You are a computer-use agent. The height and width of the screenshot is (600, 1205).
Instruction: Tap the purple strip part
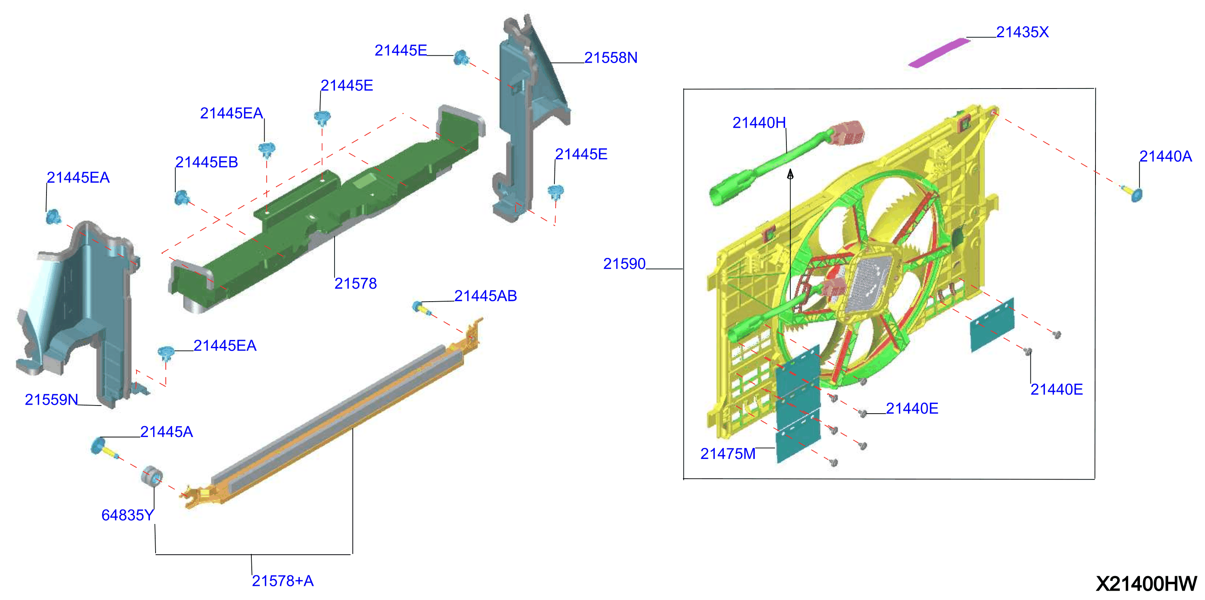pyautogui.click(x=939, y=53)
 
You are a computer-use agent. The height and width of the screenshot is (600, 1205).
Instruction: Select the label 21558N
pyautogui.click(x=611, y=57)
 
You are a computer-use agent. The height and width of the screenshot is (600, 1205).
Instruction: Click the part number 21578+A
pyautogui.click(x=282, y=581)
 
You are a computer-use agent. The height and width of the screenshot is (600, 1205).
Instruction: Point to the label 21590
pyautogui.click(x=624, y=264)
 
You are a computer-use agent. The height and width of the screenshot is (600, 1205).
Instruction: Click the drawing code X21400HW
pyautogui.click(x=1146, y=583)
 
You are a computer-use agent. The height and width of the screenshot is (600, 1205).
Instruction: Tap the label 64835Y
pyautogui.click(x=127, y=515)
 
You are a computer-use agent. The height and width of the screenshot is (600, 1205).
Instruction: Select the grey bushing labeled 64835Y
pyautogui.click(x=152, y=476)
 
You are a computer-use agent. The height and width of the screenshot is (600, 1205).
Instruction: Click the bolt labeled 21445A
pyautogui.click(x=104, y=448)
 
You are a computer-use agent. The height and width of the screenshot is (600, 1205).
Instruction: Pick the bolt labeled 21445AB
pyautogui.click(x=421, y=308)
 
